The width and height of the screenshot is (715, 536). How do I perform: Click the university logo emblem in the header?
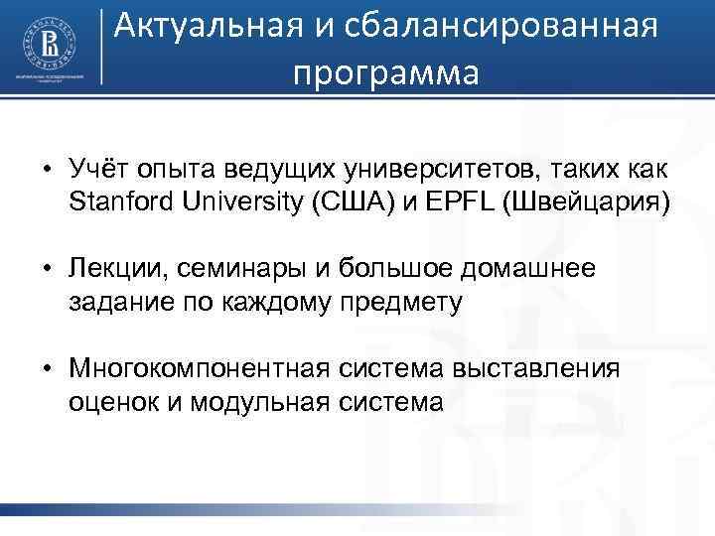tap(48, 39)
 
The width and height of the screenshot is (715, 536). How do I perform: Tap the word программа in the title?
tap(385, 72)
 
